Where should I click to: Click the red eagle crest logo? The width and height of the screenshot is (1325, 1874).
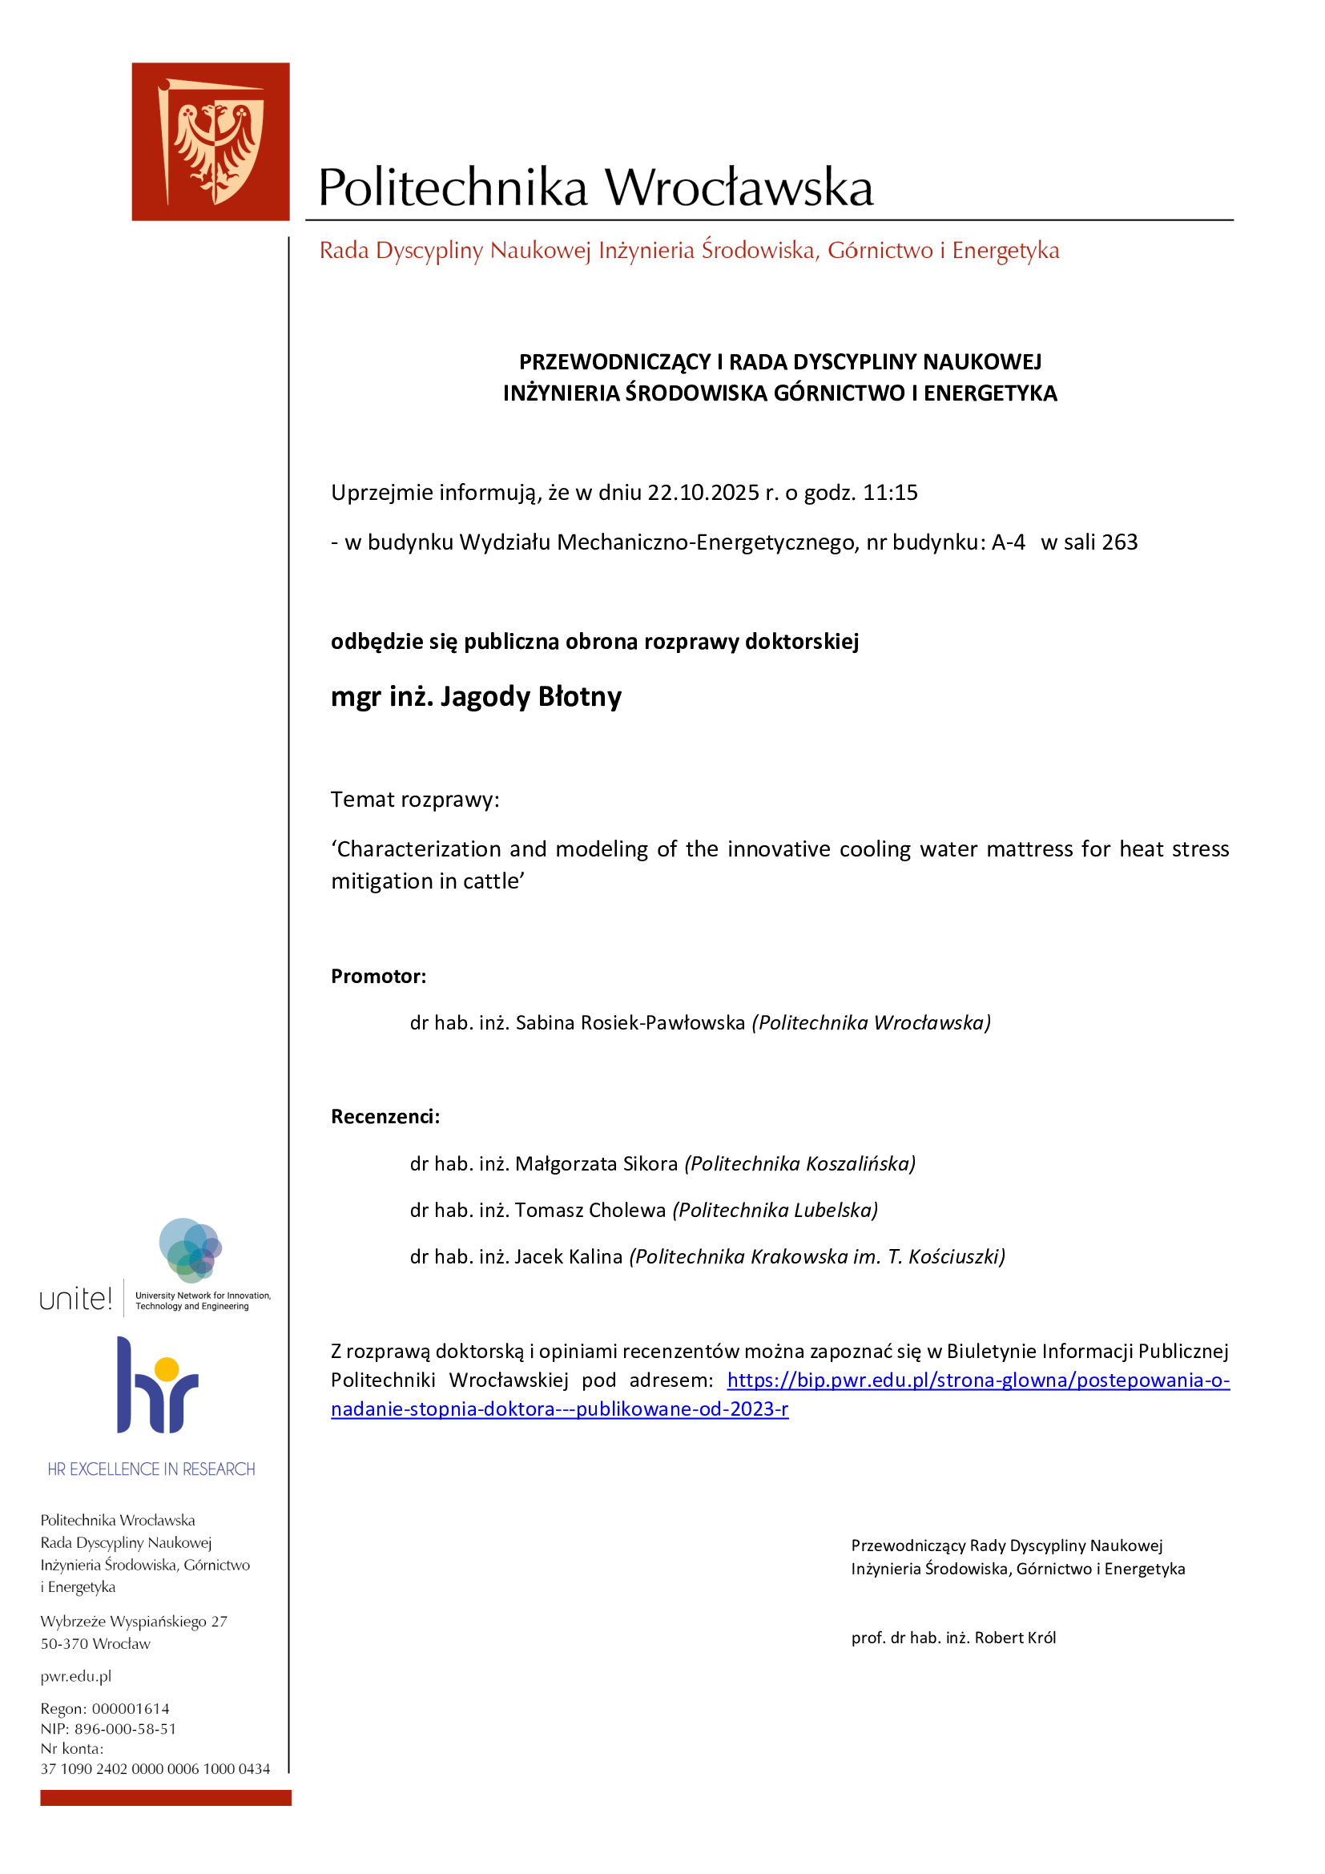211,141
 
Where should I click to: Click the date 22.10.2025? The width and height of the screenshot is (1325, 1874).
703,493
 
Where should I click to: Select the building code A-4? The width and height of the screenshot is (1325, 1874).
1008,542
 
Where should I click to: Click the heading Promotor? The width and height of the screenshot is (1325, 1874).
379,977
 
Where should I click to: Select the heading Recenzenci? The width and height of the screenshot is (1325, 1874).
385,1118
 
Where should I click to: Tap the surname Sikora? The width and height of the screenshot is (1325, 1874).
650,1164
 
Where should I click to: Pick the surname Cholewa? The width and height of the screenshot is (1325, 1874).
630,1211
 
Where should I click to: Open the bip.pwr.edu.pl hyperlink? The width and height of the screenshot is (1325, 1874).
977,1381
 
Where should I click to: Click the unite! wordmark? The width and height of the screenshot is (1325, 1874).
76,1300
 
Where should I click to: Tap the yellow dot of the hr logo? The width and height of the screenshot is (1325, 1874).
167,1368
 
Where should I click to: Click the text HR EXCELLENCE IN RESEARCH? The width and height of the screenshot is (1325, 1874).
151,1469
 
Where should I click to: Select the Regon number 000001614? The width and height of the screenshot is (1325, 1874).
131,1708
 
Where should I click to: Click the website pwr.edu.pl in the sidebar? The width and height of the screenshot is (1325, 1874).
76,1675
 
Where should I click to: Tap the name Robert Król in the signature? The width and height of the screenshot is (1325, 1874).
1015,1638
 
